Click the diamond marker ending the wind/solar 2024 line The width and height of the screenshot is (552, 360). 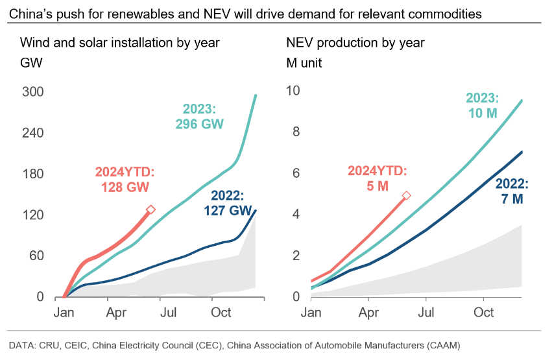150,210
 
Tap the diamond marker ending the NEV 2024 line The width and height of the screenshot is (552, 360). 407,195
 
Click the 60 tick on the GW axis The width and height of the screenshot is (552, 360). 35,256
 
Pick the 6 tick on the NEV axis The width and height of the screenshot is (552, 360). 296,173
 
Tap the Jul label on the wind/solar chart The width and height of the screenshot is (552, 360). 168,313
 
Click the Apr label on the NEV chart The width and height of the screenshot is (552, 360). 369,313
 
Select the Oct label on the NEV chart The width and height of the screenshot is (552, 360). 484,313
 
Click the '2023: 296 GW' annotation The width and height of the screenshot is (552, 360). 198,115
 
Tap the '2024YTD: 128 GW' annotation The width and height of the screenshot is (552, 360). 125,180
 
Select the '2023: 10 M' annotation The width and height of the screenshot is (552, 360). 482,106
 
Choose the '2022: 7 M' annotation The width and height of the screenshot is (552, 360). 511,191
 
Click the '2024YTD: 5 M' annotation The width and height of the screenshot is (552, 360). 377,180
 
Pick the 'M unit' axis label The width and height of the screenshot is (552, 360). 304,64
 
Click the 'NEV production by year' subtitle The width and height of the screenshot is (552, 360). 355,43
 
